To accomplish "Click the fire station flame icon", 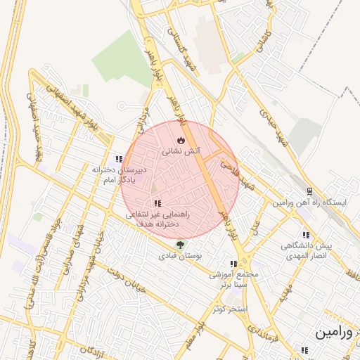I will tap(181, 141).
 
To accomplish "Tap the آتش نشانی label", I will tap(181, 151).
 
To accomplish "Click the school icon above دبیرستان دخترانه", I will tap(119, 159).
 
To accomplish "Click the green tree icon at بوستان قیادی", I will tap(181, 245).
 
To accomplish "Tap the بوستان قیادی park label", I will tap(181, 257).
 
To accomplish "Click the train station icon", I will tap(310, 191).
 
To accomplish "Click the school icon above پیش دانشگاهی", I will tap(306, 236).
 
